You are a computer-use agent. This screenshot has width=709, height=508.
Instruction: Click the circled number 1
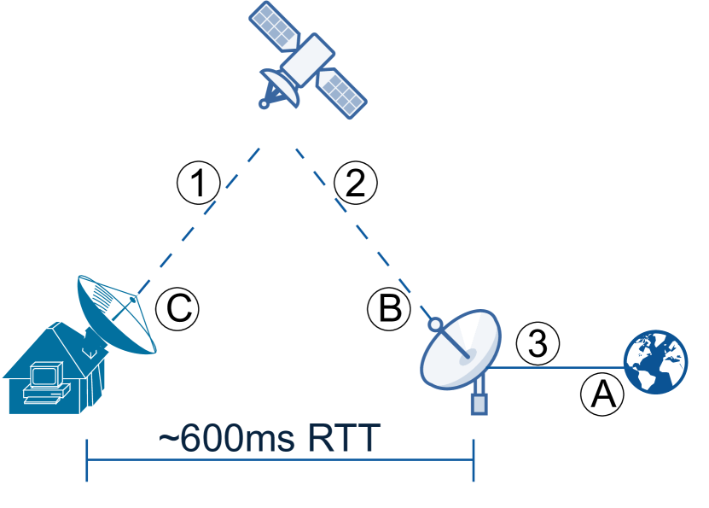[x=198, y=183]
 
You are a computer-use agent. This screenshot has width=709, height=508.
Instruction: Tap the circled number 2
[x=355, y=183]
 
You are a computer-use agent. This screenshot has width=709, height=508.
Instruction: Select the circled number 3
[x=538, y=344]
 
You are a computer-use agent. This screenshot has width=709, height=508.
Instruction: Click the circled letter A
[x=602, y=394]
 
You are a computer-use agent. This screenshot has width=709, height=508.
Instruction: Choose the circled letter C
[x=177, y=308]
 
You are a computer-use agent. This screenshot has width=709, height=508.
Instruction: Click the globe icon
[x=656, y=363]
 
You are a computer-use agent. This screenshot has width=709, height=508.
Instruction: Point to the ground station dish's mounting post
[x=479, y=398]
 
